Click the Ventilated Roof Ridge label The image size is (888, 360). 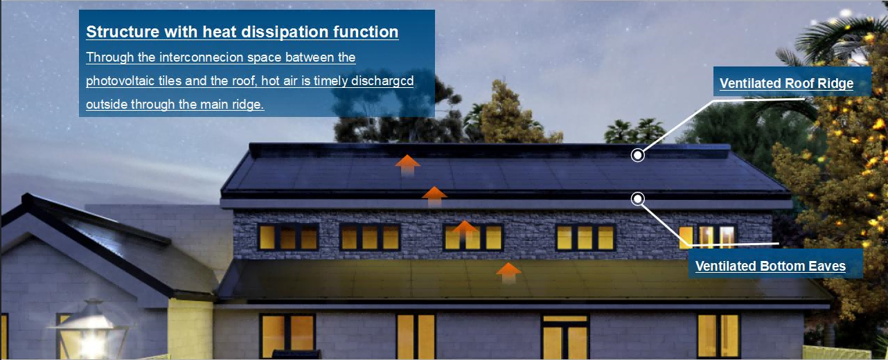pyautogui.click(x=786, y=83)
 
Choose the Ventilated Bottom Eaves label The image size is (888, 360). pyautogui.click(x=770, y=266)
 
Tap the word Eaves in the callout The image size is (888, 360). pyautogui.click(x=827, y=266)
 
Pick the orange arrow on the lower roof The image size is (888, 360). pyautogui.click(x=508, y=273)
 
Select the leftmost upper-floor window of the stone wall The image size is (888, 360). pyautogui.click(x=288, y=237)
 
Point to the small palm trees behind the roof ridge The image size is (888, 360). pyautogui.click(x=634, y=130)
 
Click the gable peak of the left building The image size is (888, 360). pyautogui.click(x=27, y=196)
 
